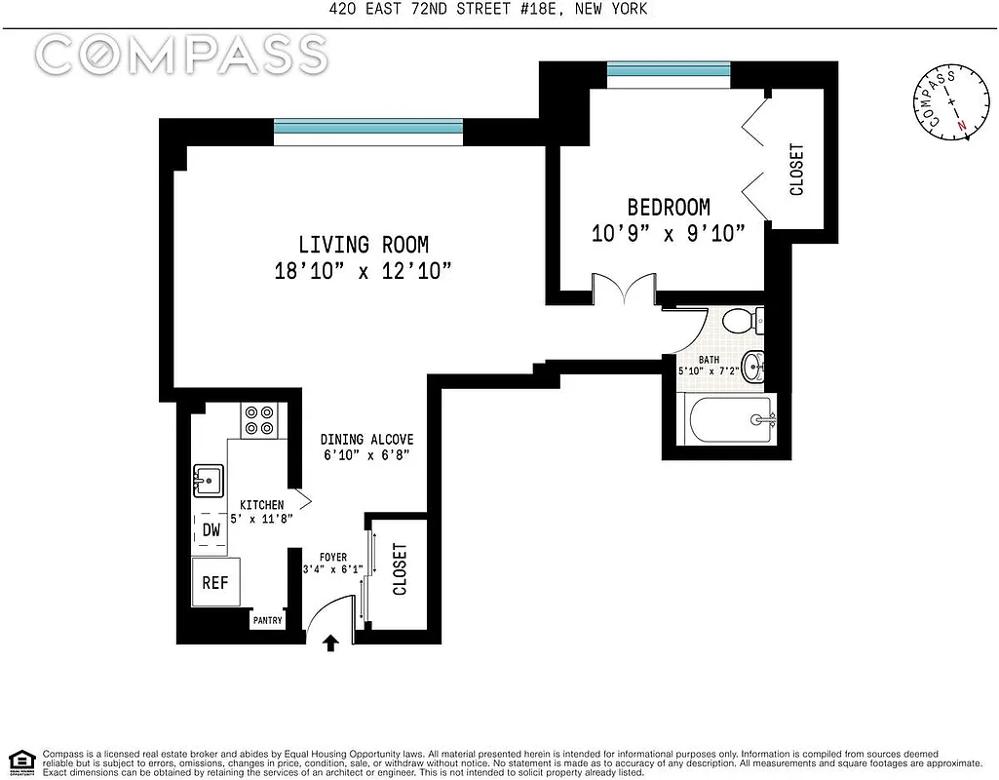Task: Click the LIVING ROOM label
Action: pyautogui.click(x=363, y=245)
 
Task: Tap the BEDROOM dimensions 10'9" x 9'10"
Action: pyautogui.click(x=668, y=233)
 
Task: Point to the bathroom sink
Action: pyautogui.click(x=753, y=367)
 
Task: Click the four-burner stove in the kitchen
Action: pyautogui.click(x=260, y=420)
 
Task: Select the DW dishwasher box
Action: pyautogui.click(x=211, y=530)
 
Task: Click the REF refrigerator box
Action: pyautogui.click(x=214, y=582)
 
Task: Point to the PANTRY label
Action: pyautogui.click(x=267, y=620)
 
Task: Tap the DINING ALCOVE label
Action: pyautogui.click(x=368, y=440)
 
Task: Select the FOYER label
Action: pyautogui.click(x=332, y=558)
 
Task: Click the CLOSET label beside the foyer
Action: pyautogui.click(x=400, y=569)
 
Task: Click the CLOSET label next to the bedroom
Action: pyautogui.click(x=796, y=170)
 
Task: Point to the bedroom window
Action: pyautogui.click(x=668, y=70)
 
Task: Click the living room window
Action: pyautogui.click(x=367, y=127)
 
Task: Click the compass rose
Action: pyautogui.click(x=942, y=105)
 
